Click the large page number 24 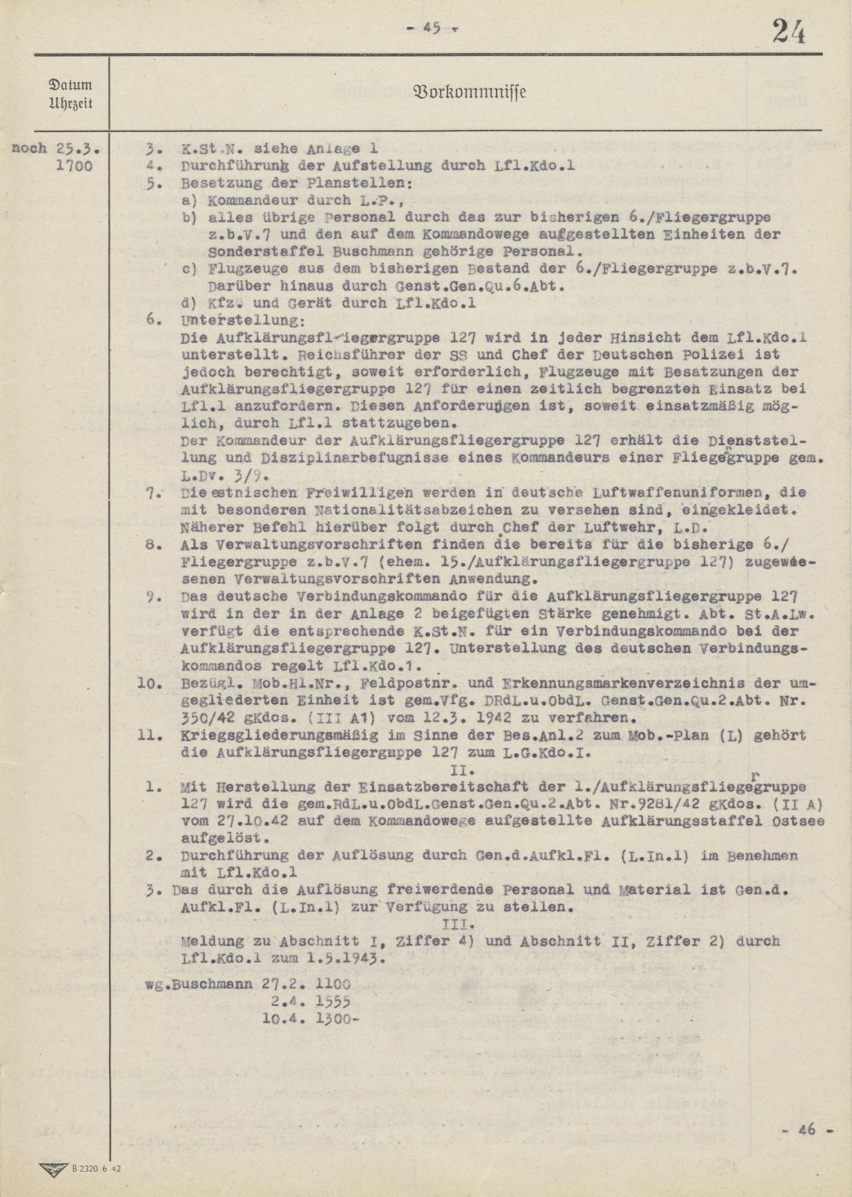click(789, 32)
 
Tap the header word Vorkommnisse click(469, 93)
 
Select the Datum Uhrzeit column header click(71, 93)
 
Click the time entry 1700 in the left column click(75, 165)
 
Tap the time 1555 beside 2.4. click(334, 1001)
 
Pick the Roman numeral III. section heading click(473, 924)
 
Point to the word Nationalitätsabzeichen click(386, 510)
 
